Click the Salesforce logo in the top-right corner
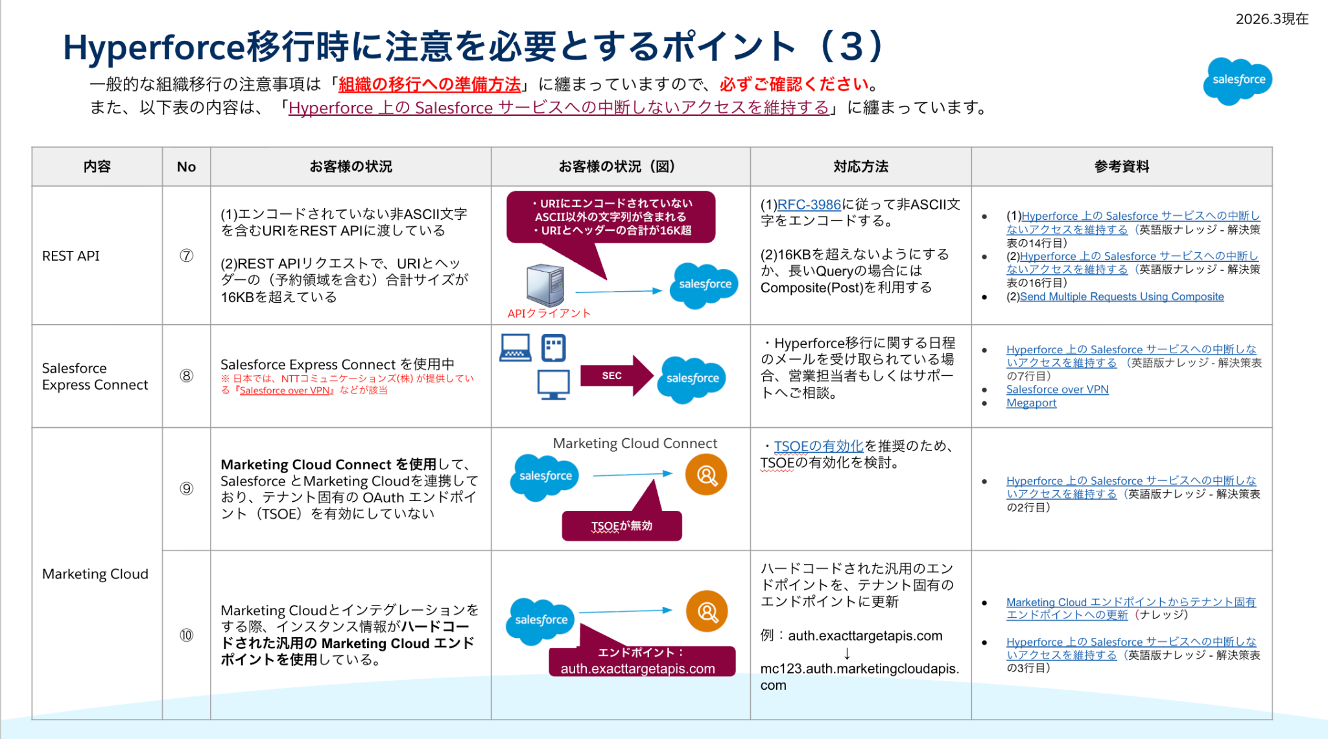1237,80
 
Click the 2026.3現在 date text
1272,19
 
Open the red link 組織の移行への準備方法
429,84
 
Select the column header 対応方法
860,167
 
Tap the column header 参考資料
1121,167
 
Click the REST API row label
71,256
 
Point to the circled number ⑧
186,376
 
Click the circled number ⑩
186,635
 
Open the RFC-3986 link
809,205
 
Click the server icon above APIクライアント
545,285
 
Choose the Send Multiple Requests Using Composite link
1121,297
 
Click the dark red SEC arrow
616,375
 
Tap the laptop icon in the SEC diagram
516,347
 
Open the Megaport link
1031,403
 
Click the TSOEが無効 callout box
621,526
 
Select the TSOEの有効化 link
818,446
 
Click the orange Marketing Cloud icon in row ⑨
706,475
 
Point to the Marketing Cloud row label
95,574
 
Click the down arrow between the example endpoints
847,653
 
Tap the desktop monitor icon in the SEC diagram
553,384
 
